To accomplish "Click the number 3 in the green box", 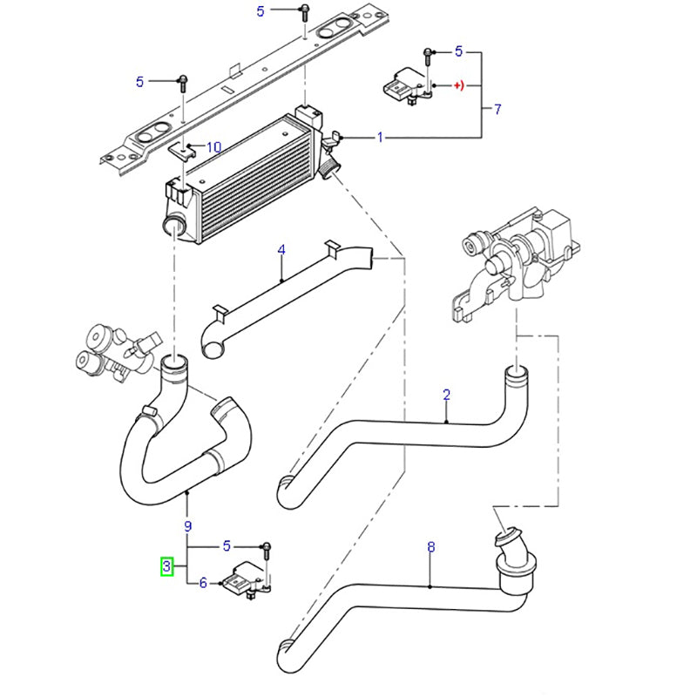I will [x=166, y=568].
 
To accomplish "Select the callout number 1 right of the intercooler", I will [x=380, y=138].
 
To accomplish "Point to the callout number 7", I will [x=497, y=110].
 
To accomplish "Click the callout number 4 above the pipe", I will [x=281, y=250].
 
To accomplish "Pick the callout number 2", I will [x=446, y=395].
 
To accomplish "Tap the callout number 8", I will [x=430, y=548].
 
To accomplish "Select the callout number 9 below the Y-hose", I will [x=187, y=525].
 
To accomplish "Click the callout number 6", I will [x=203, y=584].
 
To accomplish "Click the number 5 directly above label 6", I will [x=227, y=546].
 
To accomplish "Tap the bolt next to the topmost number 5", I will [x=303, y=11].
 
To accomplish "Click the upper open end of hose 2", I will [x=517, y=374].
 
